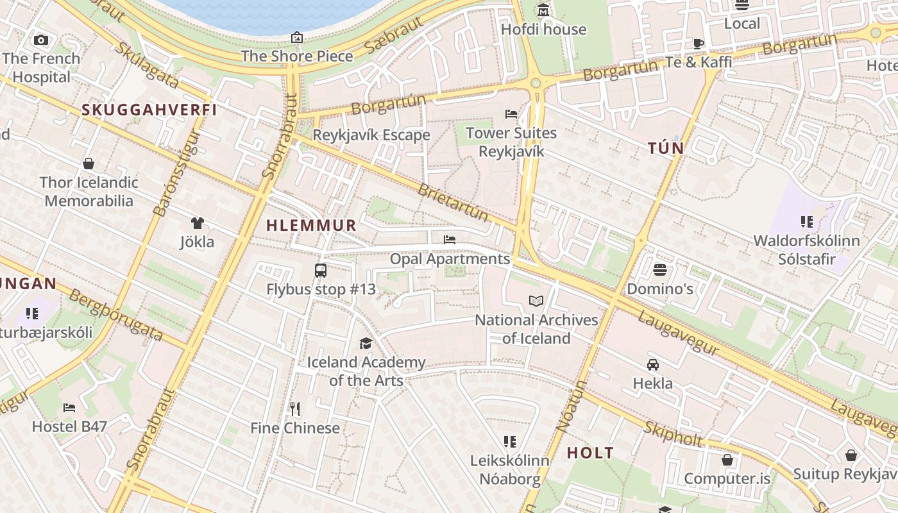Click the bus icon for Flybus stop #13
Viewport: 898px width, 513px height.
tap(321, 271)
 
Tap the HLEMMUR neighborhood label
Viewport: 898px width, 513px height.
tap(311, 225)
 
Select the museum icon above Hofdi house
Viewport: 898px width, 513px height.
tap(543, 10)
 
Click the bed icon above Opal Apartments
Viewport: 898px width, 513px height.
tap(450, 240)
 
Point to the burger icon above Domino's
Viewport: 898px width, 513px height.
tap(660, 270)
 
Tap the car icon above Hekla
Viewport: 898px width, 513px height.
tap(653, 365)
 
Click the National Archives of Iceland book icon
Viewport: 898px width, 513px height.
tap(536, 301)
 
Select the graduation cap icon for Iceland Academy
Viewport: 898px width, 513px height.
tap(366, 344)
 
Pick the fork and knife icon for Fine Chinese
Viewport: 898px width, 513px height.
tap(295, 409)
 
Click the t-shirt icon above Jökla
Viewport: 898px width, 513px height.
tap(197, 223)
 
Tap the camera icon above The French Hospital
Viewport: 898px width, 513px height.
tap(41, 40)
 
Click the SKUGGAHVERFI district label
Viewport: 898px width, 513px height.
tap(149, 110)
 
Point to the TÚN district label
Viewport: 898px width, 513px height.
tap(666, 149)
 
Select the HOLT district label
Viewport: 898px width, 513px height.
tap(590, 453)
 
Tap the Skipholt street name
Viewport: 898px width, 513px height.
tap(673, 435)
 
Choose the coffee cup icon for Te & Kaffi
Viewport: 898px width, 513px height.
tap(699, 44)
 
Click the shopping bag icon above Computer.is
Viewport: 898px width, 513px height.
tap(727, 460)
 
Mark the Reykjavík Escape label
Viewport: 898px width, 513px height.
tap(371, 135)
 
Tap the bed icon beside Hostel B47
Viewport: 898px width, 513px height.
tap(69, 408)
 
